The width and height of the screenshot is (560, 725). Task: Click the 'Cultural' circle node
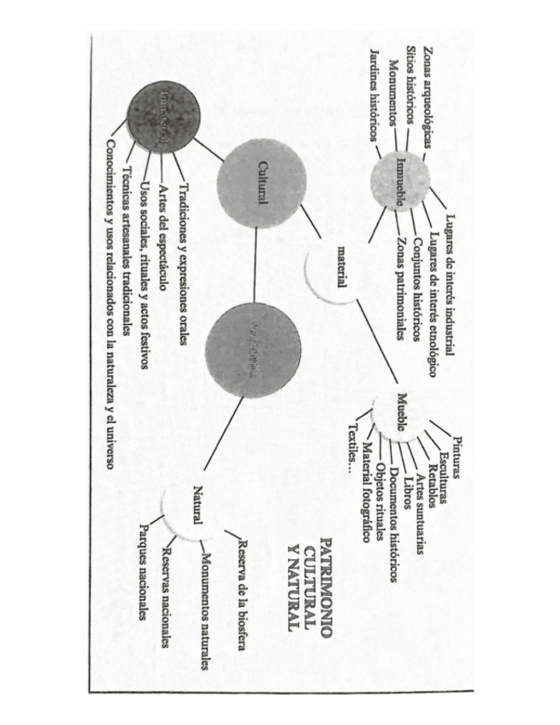coord(262,188)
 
